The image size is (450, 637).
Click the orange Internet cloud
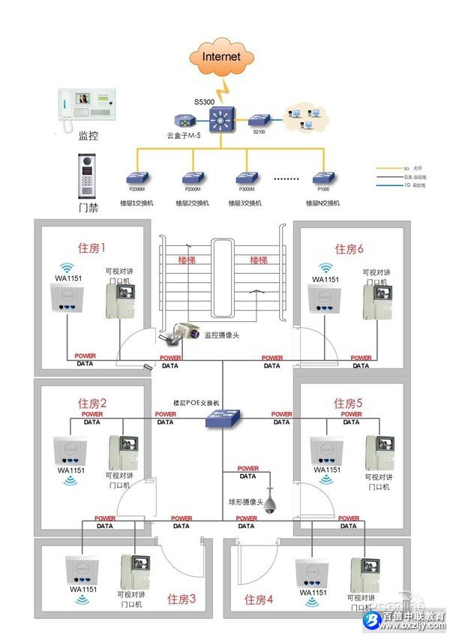tap(223, 56)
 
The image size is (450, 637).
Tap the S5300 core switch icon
tap(222, 120)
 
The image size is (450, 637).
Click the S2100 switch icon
tap(259, 119)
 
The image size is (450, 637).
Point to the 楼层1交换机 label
tap(136, 203)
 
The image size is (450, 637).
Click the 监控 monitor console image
tap(89, 110)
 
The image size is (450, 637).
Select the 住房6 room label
tap(349, 249)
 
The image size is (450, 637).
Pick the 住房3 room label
tap(181, 599)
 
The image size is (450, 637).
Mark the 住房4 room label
tap(259, 599)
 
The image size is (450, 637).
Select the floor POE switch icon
tap(223, 419)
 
